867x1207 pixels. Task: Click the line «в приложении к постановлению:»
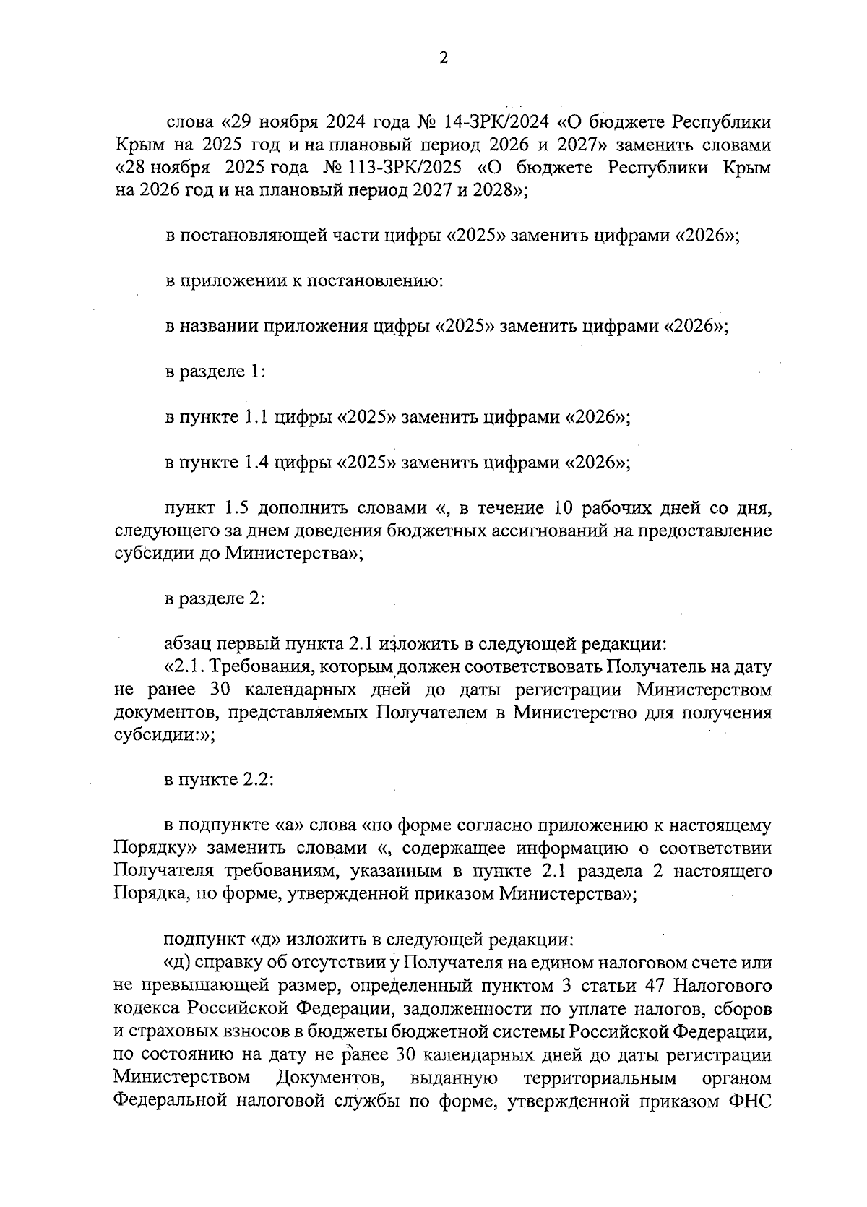point(303,281)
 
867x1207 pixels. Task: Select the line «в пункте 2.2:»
point(219,781)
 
